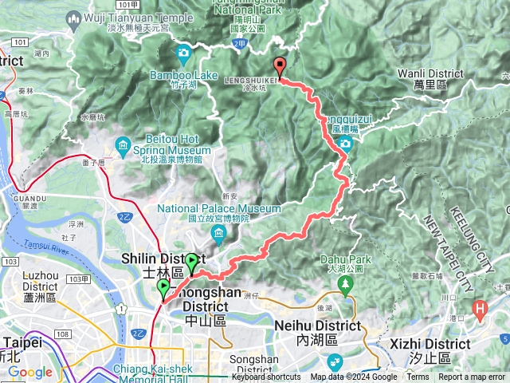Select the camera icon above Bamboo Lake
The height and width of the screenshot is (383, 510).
tap(184, 55)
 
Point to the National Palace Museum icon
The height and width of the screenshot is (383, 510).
tap(219, 232)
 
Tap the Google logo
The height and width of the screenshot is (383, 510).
tap(30, 373)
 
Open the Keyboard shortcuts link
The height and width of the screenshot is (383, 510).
tap(266, 377)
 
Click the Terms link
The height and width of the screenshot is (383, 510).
tap(418, 377)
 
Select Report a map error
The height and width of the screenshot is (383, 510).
tap(472, 377)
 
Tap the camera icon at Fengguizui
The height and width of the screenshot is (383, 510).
tap(345, 144)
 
